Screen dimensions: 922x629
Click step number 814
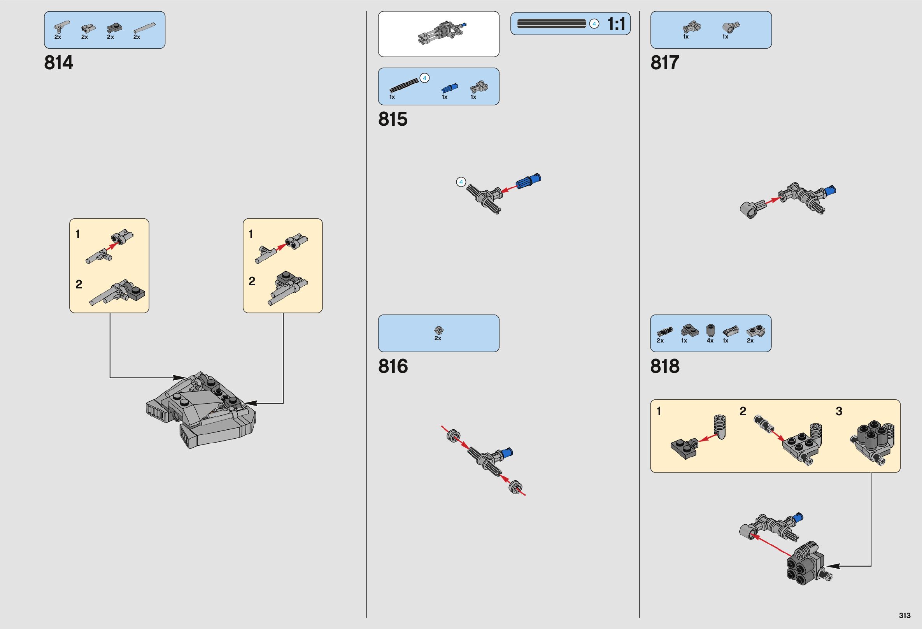(x=59, y=63)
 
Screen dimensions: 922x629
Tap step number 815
(x=393, y=119)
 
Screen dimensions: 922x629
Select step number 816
(x=393, y=366)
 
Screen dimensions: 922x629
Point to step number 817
(x=665, y=63)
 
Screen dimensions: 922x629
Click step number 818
(x=665, y=366)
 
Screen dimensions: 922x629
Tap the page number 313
(x=904, y=615)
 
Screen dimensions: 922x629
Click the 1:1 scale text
(x=616, y=25)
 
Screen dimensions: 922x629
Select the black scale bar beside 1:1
(x=552, y=24)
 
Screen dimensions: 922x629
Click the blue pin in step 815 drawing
(x=528, y=181)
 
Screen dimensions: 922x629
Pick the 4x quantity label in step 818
(x=710, y=341)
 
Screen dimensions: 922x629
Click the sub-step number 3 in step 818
(x=839, y=411)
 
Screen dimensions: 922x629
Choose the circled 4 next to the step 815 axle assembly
(x=461, y=182)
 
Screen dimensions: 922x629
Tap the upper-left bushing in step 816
(x=453, y=436)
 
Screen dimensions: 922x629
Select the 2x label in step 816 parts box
(x=438, y=338)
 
